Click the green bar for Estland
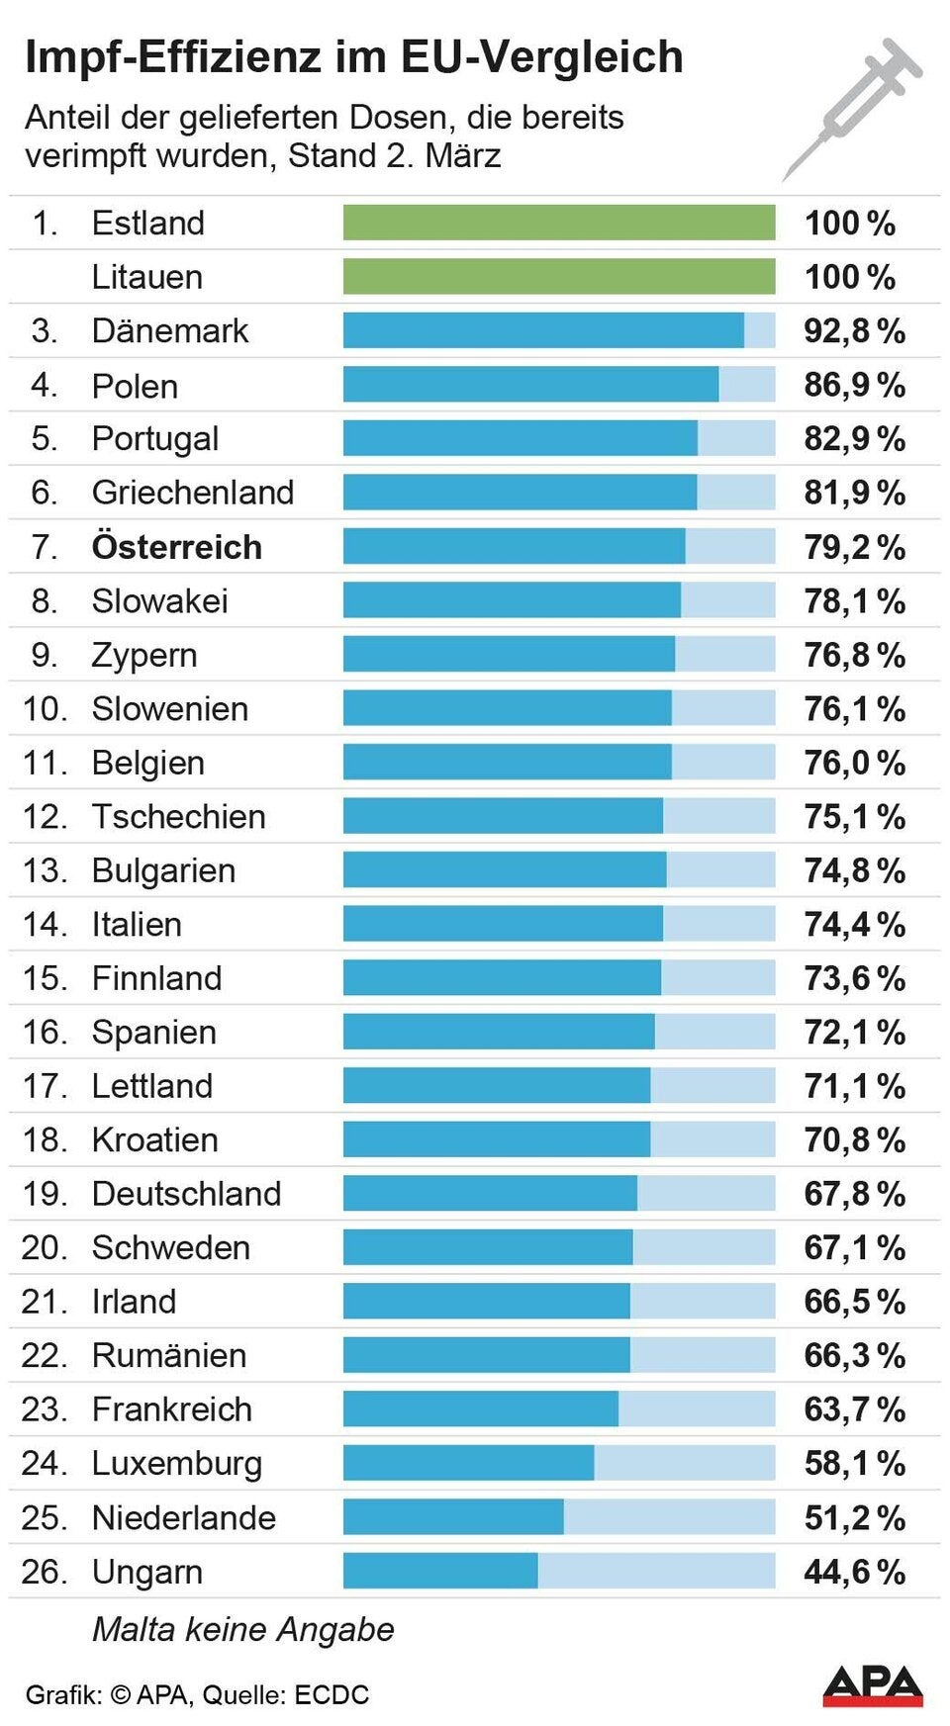point(559,223)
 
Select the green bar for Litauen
point(559,277)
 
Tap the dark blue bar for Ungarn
point(440,1571)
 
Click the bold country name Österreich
point(177,547)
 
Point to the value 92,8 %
point(854,330)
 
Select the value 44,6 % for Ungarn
point(854,1571)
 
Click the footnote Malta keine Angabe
point(242,1629)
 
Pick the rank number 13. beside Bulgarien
point(45,870)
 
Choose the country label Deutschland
point(186,1194)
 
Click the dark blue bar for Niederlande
point(453,1517)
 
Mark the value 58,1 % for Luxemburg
point(854,1463)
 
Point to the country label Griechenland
point(193,493)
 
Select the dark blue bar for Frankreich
point(481,1409)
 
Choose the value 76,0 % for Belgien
point(854,763)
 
